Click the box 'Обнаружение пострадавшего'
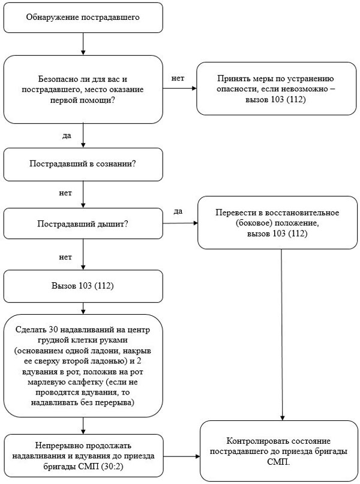(83, 17)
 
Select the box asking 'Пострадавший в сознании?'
(83, 164)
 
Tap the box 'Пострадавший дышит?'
(83, 223)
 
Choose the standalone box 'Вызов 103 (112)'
(83, 286)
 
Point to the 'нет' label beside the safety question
(178, 79)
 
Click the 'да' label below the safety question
(67, 136)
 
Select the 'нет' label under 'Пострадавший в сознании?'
(65, 193)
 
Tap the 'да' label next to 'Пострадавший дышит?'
(178, 212)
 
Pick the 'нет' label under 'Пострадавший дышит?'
(65, 257)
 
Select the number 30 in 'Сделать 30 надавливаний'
(53, 330)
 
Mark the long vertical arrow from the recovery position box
(281, 334)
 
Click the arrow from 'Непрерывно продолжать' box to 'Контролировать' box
(181, 456)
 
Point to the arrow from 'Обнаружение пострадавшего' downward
(83, 44)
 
